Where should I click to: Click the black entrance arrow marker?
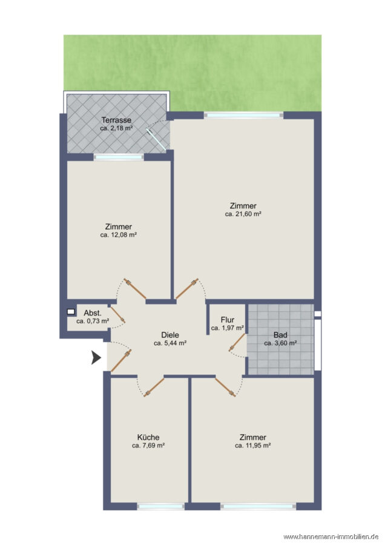[x=96, y=357]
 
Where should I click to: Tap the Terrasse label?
[x=116, y=121]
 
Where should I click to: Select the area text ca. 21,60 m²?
[x=243, y=214]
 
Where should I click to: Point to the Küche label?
[x=148, y=437]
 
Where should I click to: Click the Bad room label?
[x=280, y=335]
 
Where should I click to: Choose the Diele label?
[x=170, y=335]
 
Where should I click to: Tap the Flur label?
[x=228, y=320]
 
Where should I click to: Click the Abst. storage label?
[x=93, y=313]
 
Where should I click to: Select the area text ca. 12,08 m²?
[x=119, y=235]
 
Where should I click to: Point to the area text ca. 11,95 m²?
[x=253, y=446]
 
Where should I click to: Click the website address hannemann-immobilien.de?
[x=331, y=537]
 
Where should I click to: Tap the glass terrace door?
[x=156, y=139]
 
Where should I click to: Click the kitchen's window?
[x=161, y=506]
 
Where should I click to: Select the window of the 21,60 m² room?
[x=243, y=114]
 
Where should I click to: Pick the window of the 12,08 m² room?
[x=119, y=157]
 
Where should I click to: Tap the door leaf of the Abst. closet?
[x=118, y=315]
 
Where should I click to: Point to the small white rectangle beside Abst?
[x=71, y=312]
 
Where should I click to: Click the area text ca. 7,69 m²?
[x=148, y=446]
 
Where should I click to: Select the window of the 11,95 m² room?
[x=258, y=506]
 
